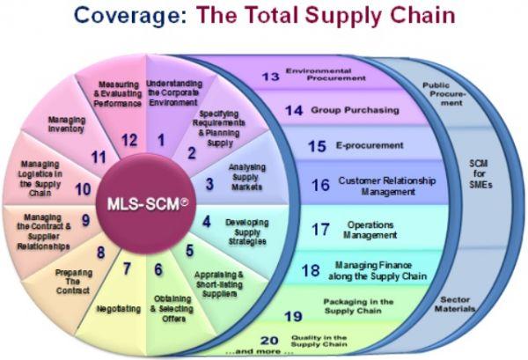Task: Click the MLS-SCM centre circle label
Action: coord(148,204)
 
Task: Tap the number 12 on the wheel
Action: coord(129,141)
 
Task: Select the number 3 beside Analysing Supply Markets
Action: coord(209,184)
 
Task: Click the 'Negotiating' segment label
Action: coord(119,309)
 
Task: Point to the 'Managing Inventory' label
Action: coord(66,124)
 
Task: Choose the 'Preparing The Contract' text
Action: coord(73,282)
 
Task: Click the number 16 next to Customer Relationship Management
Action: coord(320,185)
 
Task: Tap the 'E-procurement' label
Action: coord(370,145)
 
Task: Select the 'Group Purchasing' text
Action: coord(355,110)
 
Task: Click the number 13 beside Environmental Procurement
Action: coord(271,77)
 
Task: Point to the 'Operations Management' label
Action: coord(370,230)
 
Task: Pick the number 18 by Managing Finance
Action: coord(311,270)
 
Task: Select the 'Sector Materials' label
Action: coord(455,304)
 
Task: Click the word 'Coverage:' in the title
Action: coord(130,16)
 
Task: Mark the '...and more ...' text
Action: coord(259,351)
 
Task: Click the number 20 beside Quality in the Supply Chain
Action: coord(269,341)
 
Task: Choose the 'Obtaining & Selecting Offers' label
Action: coord(172,309)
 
